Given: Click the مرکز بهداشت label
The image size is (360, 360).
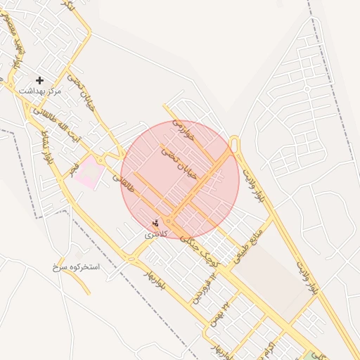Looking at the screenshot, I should click(40, 91).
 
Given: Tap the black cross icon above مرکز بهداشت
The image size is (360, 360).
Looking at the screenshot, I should click(39, 80).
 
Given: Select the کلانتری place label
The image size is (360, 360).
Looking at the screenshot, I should click(156, 234).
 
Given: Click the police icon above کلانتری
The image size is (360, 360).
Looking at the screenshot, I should click(156, 224).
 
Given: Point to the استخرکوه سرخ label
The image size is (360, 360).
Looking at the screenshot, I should click(76, 267).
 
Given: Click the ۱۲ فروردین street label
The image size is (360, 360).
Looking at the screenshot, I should click(202, 292).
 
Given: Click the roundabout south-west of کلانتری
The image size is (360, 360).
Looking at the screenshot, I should click(131, 258).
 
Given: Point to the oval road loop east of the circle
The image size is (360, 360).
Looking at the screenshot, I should click(235, 144).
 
